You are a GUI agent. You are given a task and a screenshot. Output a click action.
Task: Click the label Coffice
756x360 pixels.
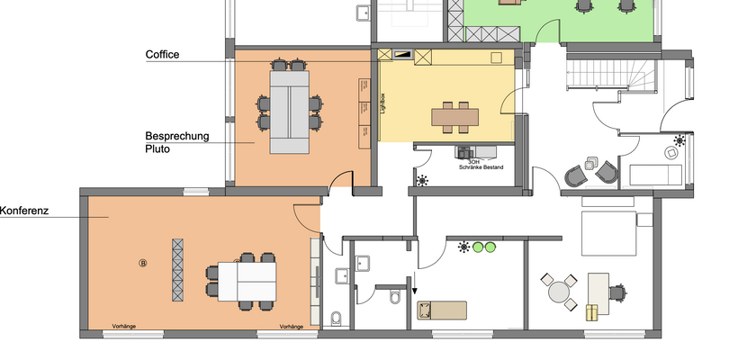click(163, 55)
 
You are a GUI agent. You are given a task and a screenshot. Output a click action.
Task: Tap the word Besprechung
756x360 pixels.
click(177, 137)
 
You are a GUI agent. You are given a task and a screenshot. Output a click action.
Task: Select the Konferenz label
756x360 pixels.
click(23, 211)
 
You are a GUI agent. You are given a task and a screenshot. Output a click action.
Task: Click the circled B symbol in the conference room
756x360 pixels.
click(142, 263)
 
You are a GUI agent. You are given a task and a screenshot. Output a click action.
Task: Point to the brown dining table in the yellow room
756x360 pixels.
click(456, 115)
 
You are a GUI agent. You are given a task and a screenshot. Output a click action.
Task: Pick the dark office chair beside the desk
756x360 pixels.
click(616, 291)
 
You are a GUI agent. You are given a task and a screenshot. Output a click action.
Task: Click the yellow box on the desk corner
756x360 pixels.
click(591, 312)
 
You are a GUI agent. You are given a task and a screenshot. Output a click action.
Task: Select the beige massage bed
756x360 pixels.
click(442, 310)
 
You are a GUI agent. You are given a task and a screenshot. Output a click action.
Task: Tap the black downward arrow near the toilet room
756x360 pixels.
click(415, 289)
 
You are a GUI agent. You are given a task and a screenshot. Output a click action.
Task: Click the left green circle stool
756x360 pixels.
click(478, 247)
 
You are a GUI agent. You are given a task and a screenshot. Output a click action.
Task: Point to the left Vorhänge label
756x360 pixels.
click(123, 327)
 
